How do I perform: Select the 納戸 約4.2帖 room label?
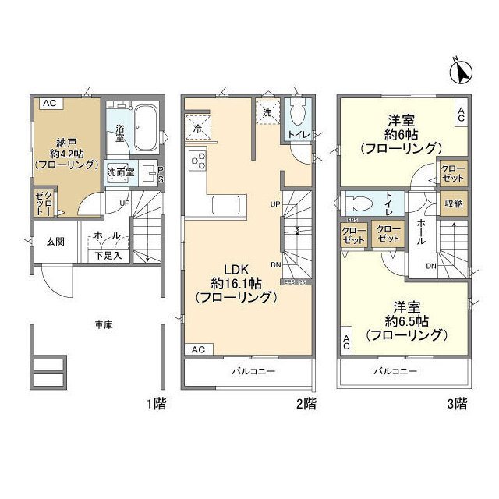[x=65, y=153]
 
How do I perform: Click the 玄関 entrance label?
[x=55, y=242]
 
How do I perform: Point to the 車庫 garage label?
[x=104, y=324]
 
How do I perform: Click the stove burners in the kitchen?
[x=197, y=162]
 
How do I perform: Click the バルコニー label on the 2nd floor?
[x=253, y=372]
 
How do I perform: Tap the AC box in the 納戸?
[x=49, y=102]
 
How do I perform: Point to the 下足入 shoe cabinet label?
[x=108, y=255]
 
